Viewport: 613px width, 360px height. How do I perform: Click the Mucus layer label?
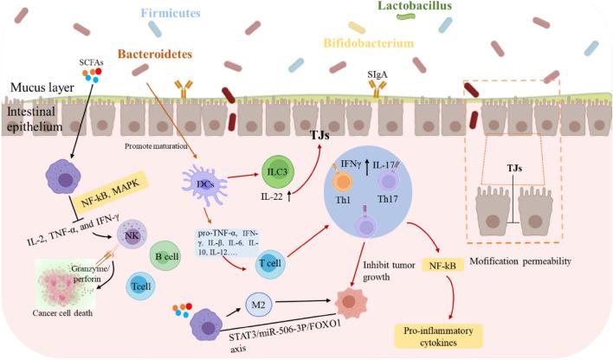[35, 87]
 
